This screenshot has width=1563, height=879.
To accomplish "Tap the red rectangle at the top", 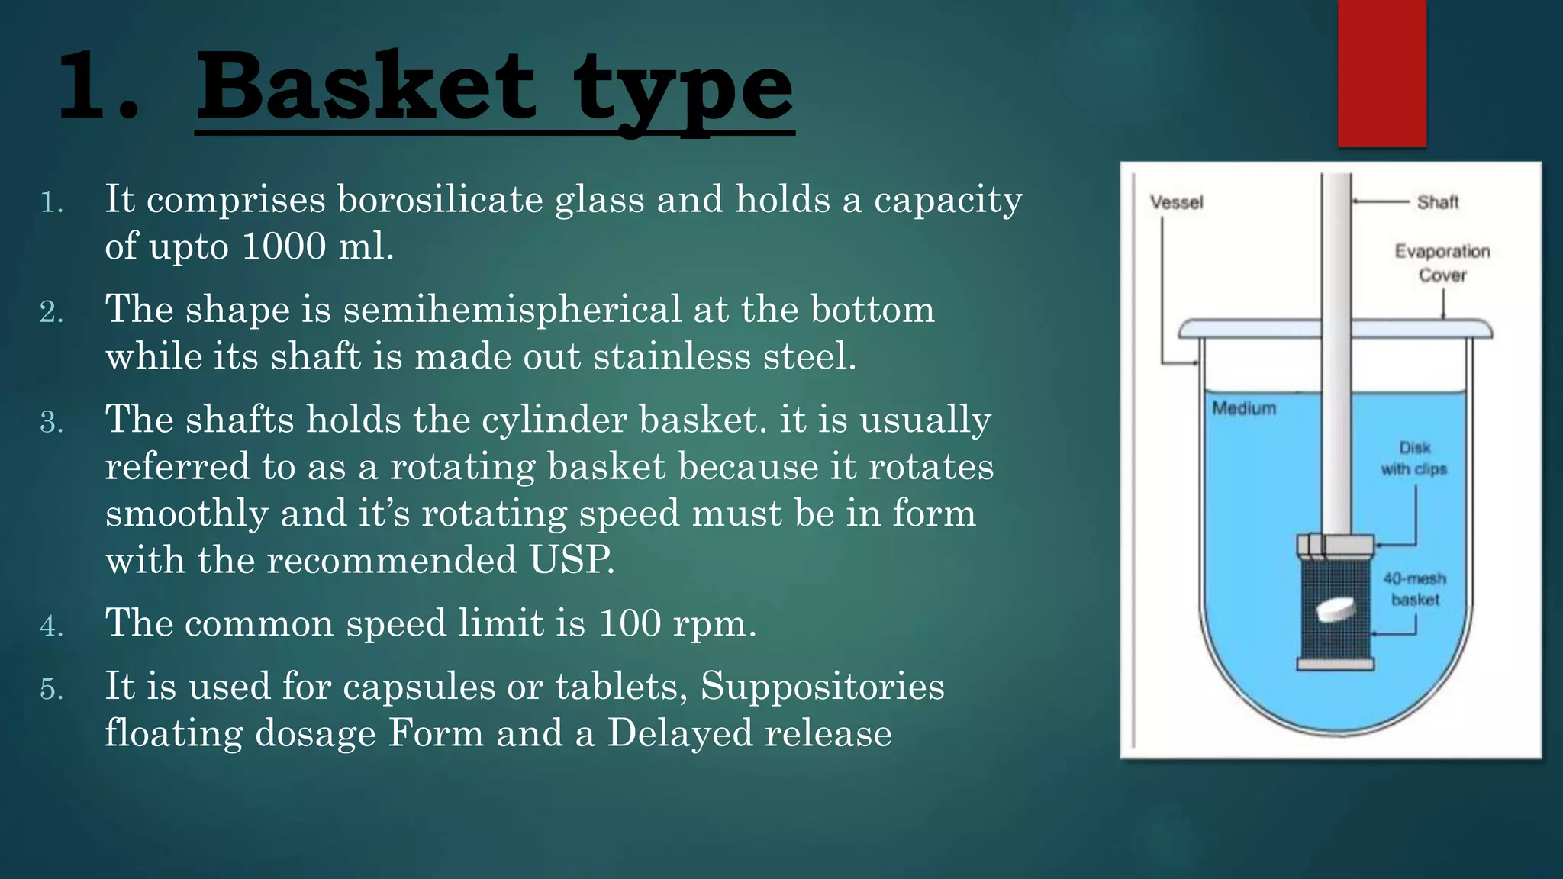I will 1381,72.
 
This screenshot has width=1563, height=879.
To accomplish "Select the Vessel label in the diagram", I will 1176,202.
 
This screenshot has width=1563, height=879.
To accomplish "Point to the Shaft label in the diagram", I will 1438,202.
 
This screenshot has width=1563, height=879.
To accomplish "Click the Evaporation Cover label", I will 1442,262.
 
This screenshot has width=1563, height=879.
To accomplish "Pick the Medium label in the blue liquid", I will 1244,408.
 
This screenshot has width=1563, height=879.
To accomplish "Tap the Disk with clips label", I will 1414,458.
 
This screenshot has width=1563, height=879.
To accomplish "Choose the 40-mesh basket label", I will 1414,588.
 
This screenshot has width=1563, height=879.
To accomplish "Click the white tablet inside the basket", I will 1336,610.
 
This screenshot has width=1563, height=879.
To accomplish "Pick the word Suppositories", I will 822,686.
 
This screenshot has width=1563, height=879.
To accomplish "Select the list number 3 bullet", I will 51,422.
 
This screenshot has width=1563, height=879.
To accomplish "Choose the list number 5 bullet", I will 51,689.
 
